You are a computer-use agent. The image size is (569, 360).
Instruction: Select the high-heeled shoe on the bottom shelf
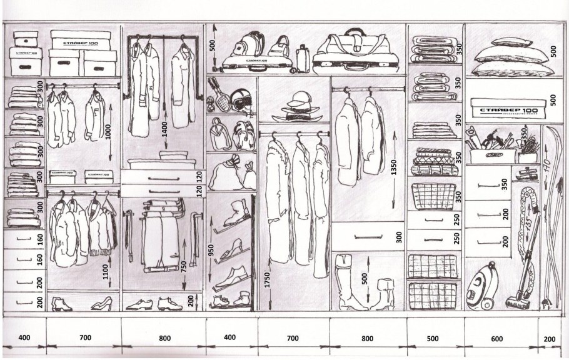[x=101, y=304]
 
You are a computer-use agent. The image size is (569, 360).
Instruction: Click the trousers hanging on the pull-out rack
[x=160, y=234]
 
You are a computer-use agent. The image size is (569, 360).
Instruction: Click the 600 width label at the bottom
[x=496, y=338]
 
